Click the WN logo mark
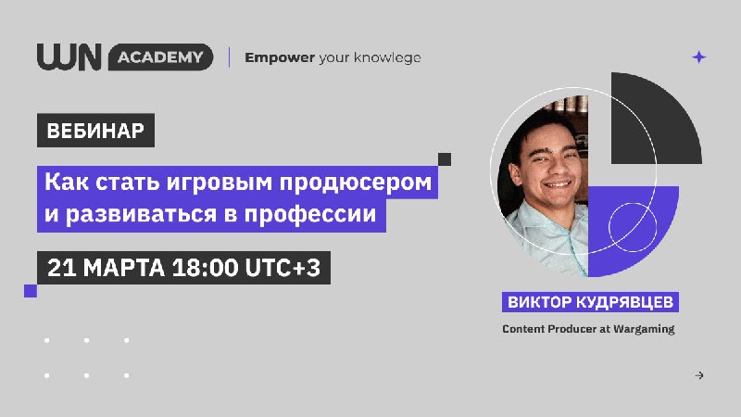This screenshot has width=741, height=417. point(69,57)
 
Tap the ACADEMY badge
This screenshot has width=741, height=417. point(160,57)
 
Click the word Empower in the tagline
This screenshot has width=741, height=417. point(280,58)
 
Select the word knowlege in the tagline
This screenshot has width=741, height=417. point(387,57)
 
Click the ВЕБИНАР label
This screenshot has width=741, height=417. point(95,131)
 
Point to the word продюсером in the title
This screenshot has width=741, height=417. point(356,183)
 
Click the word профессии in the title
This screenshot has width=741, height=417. point(310,214)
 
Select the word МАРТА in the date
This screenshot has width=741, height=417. point(124,268)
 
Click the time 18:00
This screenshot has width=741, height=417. point(205,268)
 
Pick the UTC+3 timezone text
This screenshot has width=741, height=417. point(283,268)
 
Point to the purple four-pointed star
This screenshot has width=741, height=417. point(699,57)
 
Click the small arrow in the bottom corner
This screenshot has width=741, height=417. point(699,375)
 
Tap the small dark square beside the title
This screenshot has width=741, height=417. point(445,159)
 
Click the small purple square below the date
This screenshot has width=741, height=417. point(31,291)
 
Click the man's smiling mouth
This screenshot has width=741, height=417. point(558,183)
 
